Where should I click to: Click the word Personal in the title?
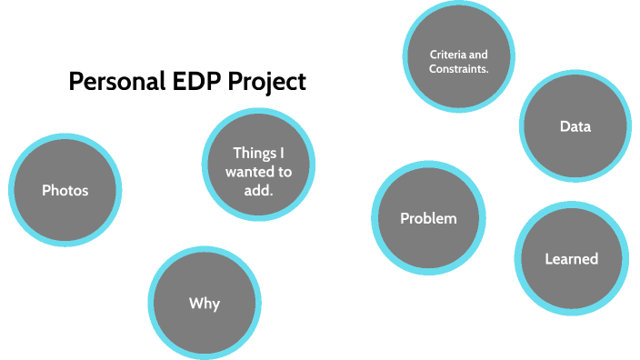coord(114,83)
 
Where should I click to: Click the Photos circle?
coord(65,190)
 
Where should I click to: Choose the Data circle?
coord(575,126)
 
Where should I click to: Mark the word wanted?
coord(249,169)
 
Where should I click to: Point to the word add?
coord(259,186)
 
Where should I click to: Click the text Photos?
coord(65,190)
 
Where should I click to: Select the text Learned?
coord(571,259)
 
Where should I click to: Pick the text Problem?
coord(428,218)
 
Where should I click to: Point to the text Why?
coord(205,304)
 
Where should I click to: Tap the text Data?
coord(575,126)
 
